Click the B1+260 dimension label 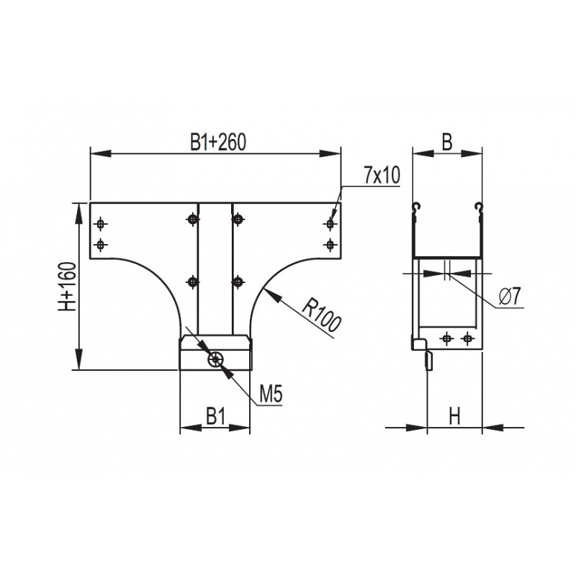tap(218, 142)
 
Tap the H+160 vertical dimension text tap(68, 287)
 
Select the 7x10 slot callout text tap(382, 176)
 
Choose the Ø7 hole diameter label tap(510, 297)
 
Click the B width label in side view tap(447, 142)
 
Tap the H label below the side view tap(455, 417)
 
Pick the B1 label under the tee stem tap(215, 417)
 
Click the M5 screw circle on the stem tap(215, 359)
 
